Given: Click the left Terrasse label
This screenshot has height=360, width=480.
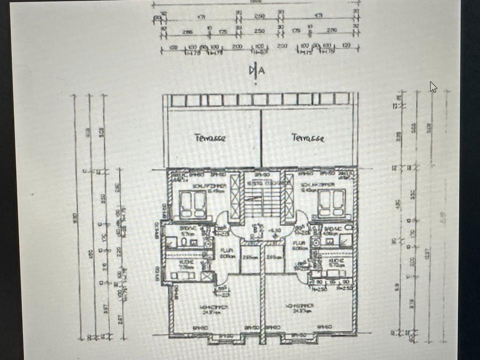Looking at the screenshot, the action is coord(210,137).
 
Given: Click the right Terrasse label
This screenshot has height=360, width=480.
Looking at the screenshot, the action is coord(308,137).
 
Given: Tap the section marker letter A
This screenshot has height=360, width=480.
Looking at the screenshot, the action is coord(261,70).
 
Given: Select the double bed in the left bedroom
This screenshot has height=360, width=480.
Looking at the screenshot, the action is coord(193,204).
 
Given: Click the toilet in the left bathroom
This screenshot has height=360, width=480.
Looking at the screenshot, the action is coord(185,242).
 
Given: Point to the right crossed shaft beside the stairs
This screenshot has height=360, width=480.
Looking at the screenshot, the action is coord(289,197).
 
